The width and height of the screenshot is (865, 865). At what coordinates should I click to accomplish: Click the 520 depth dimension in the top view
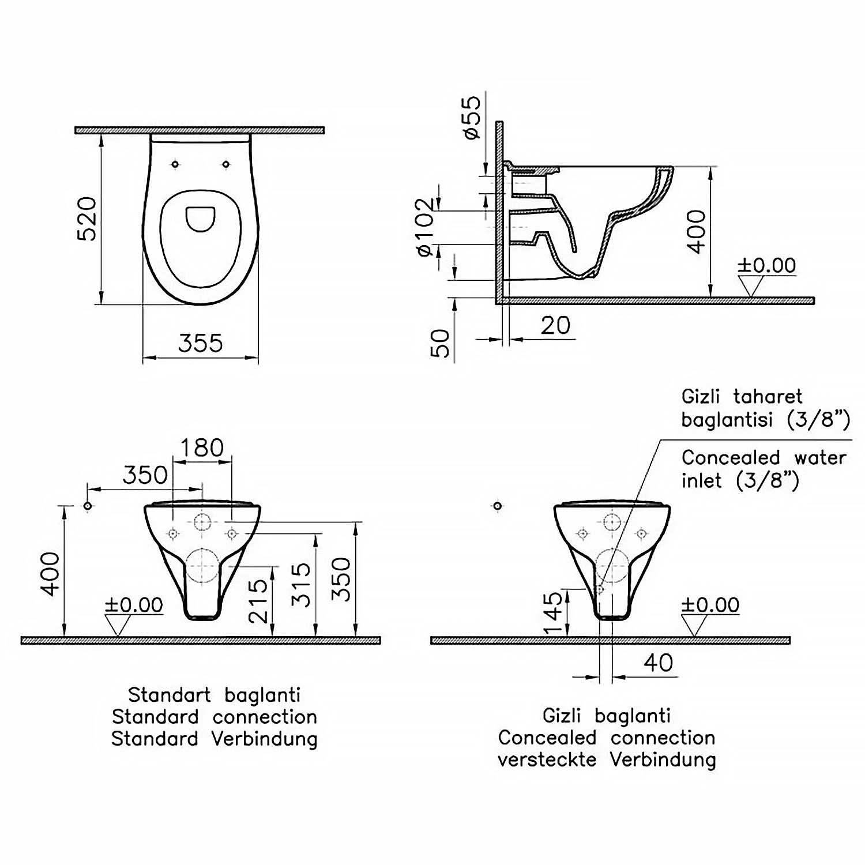[x=87, y=219]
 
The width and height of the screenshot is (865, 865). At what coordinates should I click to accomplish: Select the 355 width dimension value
[x=200, y=343]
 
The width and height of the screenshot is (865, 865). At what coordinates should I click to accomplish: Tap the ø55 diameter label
[x=471, y=118]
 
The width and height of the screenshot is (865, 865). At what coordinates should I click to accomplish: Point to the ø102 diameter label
[x=425, y=227]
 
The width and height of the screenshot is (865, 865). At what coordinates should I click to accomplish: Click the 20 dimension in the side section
[x=555, y=325]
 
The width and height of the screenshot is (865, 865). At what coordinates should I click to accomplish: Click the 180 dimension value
[x=202, y=447]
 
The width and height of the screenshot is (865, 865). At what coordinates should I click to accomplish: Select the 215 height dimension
[x=260, y=601]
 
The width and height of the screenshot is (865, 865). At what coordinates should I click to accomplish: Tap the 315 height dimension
[x=301, y=585]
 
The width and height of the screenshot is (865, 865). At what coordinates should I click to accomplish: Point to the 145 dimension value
[x=552, y=613]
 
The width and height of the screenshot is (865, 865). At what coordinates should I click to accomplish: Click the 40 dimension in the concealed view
[x=658, y=663]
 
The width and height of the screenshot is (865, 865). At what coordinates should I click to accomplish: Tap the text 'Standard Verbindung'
[x=214, y=739]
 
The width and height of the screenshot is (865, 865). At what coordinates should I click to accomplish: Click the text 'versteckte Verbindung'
[x=607, y=759]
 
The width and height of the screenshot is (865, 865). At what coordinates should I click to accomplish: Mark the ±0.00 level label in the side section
[x=767, y=265]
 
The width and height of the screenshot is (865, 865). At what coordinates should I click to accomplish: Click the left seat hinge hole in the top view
[x=175, y=165]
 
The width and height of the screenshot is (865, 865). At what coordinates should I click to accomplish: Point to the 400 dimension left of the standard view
[x=51, y=573]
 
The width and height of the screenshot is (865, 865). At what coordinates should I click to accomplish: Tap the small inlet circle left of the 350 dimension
[x=88, y=506]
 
